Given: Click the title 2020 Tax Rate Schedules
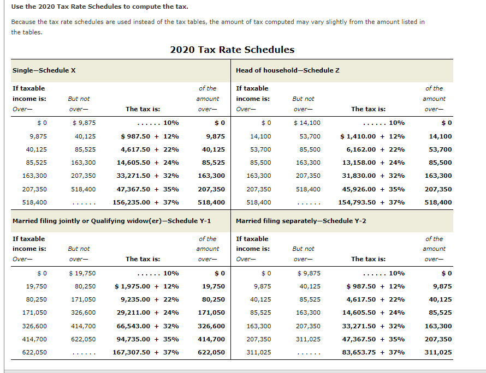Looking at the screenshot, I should [232, 50].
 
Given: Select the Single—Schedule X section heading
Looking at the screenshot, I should [44, 70].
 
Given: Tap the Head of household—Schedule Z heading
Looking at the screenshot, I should [288, 70].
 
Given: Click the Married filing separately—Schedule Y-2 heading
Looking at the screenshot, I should [301, 221].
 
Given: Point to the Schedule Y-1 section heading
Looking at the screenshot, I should [111, 221].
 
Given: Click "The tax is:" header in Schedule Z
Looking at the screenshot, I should [368, 109].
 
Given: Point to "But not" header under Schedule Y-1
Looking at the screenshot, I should [79, 249].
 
